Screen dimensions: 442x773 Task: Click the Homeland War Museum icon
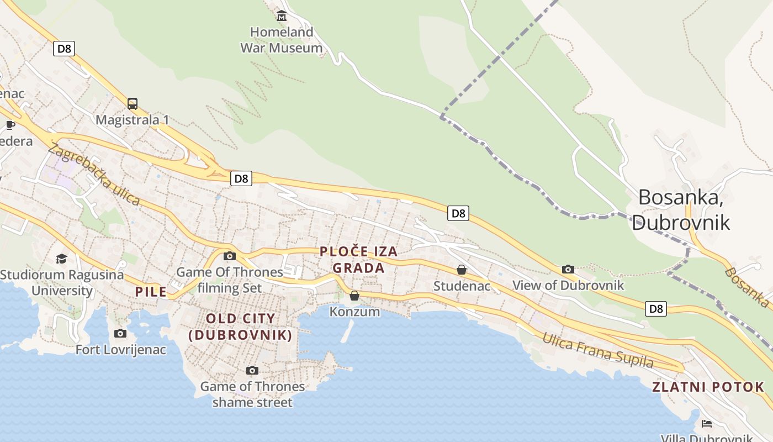282,15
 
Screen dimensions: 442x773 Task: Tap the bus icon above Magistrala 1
133,103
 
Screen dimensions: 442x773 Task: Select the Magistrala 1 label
133,120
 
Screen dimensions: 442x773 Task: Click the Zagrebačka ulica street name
94,174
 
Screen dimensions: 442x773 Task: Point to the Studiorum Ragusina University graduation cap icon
61,259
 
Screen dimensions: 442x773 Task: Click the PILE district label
151,292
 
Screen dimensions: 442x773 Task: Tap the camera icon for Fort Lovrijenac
120,333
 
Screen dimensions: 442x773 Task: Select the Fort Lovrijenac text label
120,349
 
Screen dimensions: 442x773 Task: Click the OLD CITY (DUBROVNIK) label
240,327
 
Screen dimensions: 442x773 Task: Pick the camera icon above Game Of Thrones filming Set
230,256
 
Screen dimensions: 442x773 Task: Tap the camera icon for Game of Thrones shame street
252,370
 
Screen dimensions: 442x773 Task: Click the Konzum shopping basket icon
354,296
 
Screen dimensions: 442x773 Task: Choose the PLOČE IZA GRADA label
358,260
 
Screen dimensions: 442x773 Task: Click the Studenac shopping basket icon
462,270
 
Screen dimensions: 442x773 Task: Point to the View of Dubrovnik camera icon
568,269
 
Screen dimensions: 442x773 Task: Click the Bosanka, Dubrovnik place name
681,210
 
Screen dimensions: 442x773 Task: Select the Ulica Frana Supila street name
597,350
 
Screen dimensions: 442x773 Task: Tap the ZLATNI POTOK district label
708,387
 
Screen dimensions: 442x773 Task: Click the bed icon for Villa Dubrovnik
706,424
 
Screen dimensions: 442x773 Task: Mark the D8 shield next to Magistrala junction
241,178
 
